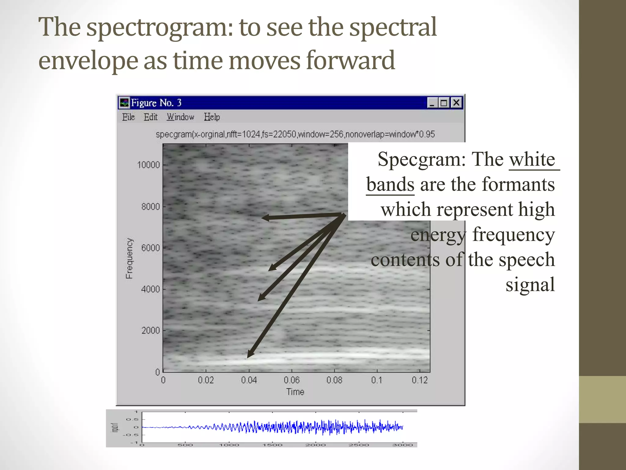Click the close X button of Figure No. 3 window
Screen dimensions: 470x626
456,103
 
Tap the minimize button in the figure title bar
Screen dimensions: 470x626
432,103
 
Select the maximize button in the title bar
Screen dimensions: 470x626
444,103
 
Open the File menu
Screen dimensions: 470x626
128,117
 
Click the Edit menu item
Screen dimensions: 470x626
150,117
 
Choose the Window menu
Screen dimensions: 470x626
180,117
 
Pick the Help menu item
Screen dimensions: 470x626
212,117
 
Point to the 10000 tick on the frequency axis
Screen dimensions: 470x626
149,165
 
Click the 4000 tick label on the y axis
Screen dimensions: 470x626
150,289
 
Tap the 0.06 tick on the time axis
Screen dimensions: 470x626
291,380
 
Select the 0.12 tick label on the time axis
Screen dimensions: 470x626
419,380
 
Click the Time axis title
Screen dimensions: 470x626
295,392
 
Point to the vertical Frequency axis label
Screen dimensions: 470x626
129,259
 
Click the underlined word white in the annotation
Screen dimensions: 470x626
532,159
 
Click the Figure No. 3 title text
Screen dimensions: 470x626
156,103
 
